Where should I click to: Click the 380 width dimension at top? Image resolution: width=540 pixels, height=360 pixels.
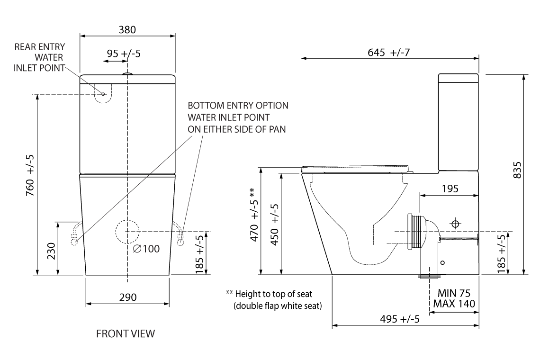pyautogui.click(x=127, y=29)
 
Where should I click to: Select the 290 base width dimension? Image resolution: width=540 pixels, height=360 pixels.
pyautogui.click(x=127, y=297)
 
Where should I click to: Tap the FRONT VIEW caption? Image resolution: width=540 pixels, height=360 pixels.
pyautogui.click(x=125, y=334)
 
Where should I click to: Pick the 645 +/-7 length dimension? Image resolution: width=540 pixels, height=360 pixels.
pyautogui.click(x=388, y=53)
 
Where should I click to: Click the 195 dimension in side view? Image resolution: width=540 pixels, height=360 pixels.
pyautogui.click(x=450, y=189)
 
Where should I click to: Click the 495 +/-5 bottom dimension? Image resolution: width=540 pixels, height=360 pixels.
pyautogui.click(x=400, y=319)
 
